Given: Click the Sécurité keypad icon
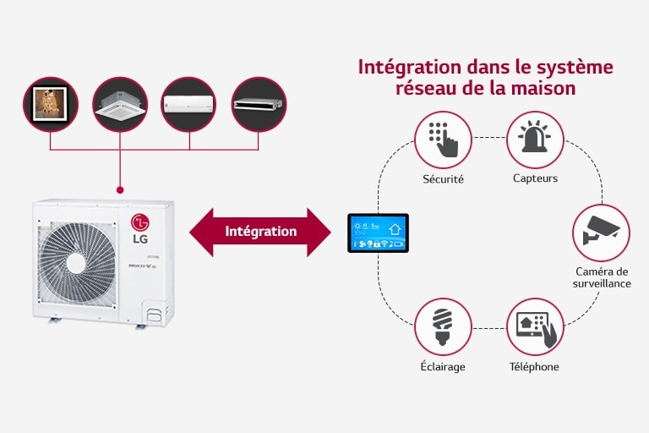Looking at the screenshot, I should (443, 140).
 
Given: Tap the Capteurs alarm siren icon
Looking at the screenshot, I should (534, 140).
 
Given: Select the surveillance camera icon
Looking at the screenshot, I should (601, 231).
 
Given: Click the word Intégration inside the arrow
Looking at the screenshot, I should (261, 231).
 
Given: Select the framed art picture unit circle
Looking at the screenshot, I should (51, 105).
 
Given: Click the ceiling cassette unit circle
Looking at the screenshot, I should (120, 105).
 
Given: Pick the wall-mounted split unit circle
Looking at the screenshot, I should (189, 105).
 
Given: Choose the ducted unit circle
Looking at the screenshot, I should (259, 105).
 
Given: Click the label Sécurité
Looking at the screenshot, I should (443, 179).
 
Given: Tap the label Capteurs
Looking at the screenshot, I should (534, 178).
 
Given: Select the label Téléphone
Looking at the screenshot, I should (534, 367).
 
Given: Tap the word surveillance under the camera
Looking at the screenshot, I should (601, 283).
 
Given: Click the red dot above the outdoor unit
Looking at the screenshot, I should (121, 189).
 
